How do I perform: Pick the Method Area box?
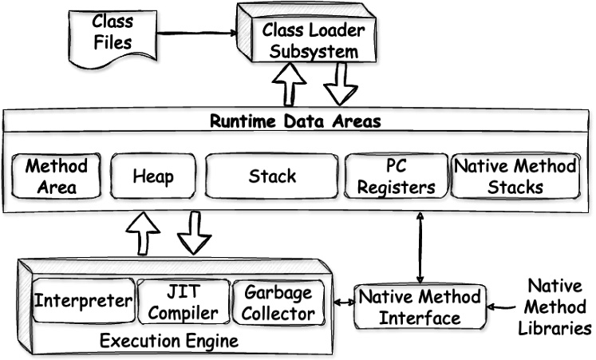coord(57,176)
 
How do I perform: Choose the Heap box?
coord(152,176)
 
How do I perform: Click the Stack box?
coord(272,176)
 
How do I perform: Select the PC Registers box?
coord(396,177)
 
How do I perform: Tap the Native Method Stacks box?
coord(515,176)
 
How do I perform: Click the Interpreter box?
coord(82,302)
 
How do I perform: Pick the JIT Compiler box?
coord(183,302)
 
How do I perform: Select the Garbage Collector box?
coord(278,302)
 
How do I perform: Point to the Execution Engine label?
coord(168,342)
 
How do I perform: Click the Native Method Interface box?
coord(419,307)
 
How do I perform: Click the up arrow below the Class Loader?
coord(290,84)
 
